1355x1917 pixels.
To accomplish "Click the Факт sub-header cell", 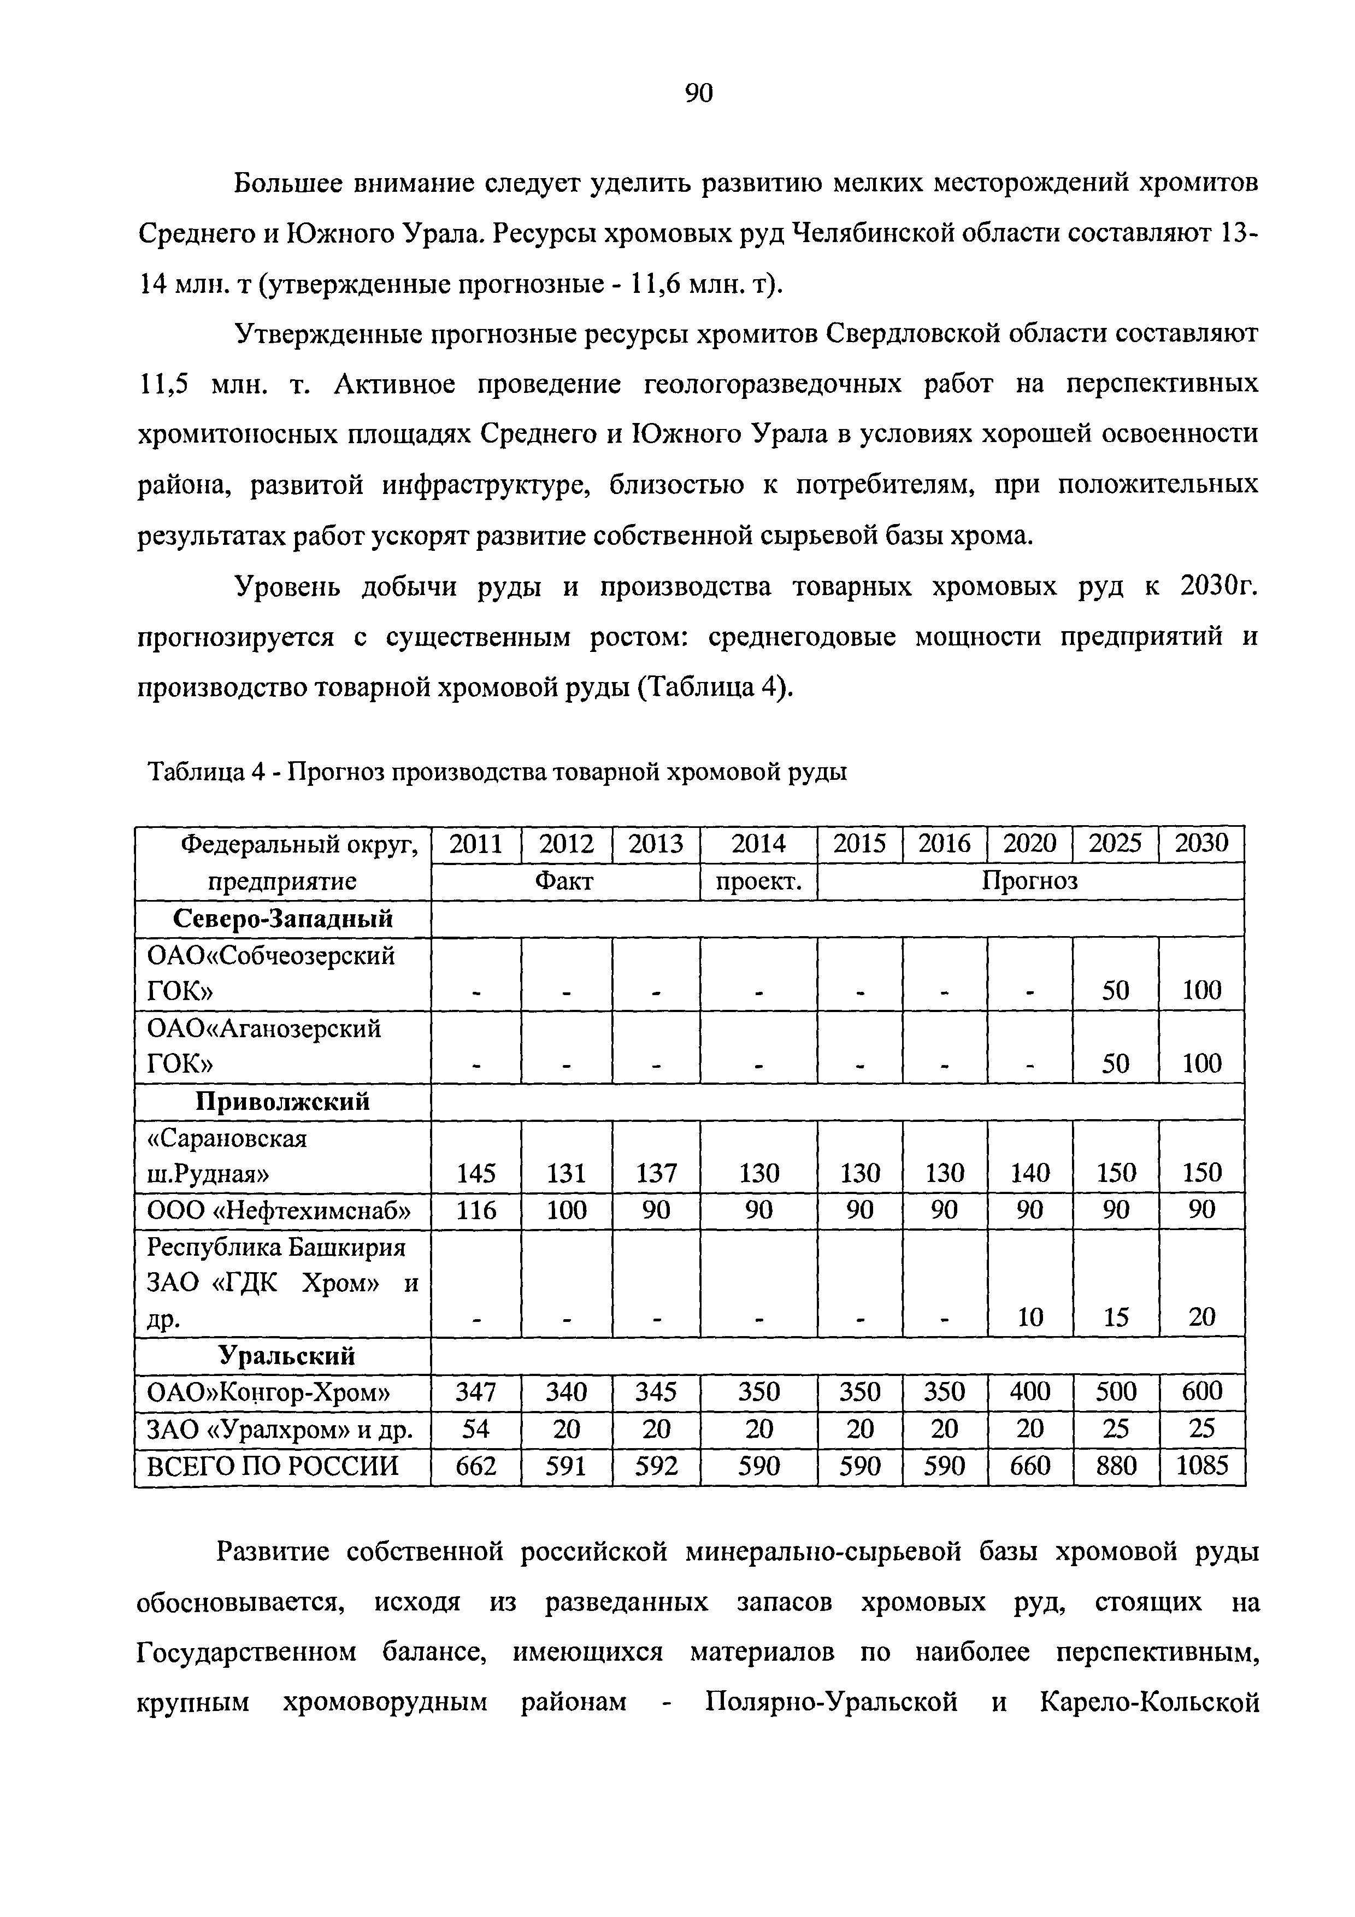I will point(564,881).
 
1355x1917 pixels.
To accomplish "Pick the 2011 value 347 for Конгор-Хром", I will point(476,1392).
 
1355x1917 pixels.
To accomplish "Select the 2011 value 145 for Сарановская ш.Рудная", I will point(476,1174).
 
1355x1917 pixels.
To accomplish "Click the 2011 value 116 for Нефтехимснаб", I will point(476,1210).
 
